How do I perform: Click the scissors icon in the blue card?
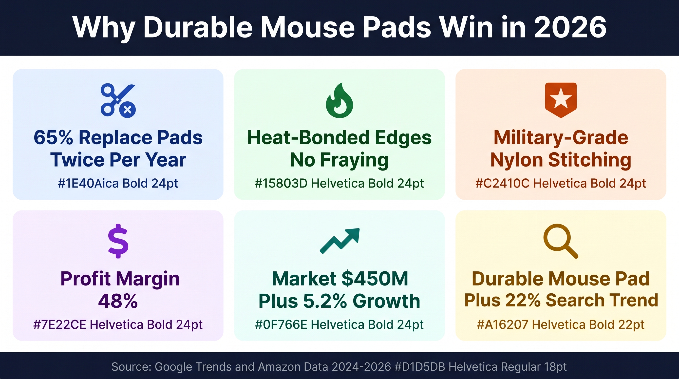coord(118,100)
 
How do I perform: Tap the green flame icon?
coord(339,100)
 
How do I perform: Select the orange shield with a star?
coord(561,100)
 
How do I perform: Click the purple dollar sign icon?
coord(118,241)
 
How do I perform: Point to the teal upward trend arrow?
coord(340,241)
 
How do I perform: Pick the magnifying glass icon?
coord(561,241)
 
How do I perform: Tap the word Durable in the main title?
coord(198,27)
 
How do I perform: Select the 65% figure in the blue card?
coord(54,138)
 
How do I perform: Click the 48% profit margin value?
coord(118,301)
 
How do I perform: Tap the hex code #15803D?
coord(281,183)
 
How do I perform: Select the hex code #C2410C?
coord(503,183)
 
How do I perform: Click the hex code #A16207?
coord(503,325)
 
